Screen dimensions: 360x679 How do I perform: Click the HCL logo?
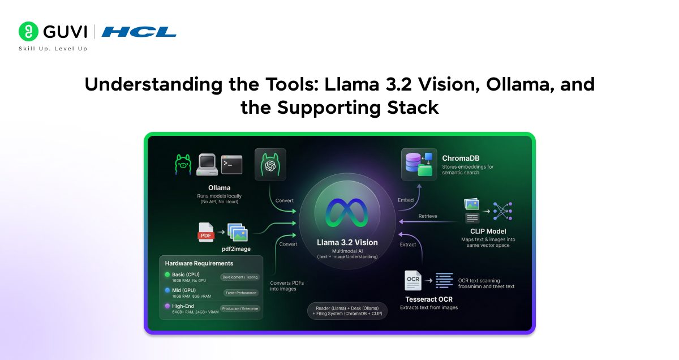(x=139, y=32)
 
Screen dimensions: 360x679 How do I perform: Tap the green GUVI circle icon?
(x=28, y=32)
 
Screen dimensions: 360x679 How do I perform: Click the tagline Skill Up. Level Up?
(x=53, y=49)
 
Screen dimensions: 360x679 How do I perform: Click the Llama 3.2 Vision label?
(x=347, y=242)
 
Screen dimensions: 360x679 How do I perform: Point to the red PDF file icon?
(x=206, y=232)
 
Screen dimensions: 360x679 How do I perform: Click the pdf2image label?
(x=233, y=248)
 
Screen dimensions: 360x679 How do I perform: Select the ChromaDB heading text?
(x=461, y=158)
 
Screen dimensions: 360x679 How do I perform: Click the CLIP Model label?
(x=488, y=230)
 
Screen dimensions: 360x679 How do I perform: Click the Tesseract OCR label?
(x=428, y=299)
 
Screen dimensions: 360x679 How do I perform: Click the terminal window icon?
(x=231, y=164)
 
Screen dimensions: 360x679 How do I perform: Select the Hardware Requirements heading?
(x=199, y=263)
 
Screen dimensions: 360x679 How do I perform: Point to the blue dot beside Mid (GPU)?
(x=167, y=290)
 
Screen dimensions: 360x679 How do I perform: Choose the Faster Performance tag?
(x=240, y=293)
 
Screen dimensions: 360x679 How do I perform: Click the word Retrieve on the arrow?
(x=427, y=216)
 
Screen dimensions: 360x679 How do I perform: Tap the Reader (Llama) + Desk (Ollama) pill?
(x=347, y=311)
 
